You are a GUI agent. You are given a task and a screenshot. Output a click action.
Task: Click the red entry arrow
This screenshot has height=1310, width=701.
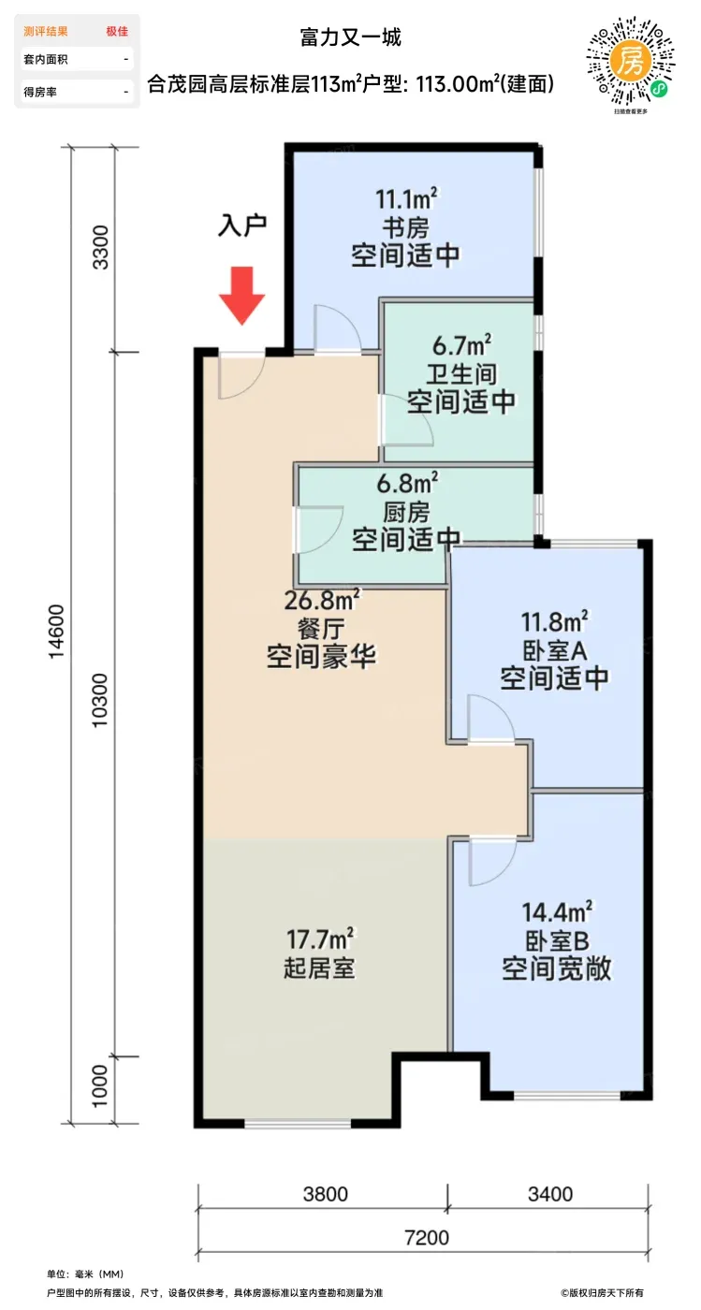(x=242, y=296)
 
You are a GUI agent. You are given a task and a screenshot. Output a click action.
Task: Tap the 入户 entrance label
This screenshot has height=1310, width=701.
(x=242, y=226)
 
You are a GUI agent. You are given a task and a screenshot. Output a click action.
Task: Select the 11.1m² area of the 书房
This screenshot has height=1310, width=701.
(x=406, y=198)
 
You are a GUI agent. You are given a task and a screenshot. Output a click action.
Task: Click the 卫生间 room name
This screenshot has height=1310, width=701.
(x=461, y=374)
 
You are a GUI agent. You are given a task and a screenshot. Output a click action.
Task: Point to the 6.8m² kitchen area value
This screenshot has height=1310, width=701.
(x=407, y=483)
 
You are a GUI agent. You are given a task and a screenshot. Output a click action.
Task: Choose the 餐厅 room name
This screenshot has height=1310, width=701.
(x=321, y=629)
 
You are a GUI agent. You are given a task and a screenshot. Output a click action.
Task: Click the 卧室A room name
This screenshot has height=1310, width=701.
(x=554, y=650)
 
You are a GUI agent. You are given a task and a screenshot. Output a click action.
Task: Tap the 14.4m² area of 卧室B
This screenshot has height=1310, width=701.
(x=557, y=912)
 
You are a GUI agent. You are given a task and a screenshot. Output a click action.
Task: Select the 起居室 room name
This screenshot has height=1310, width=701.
(x=319, y=968)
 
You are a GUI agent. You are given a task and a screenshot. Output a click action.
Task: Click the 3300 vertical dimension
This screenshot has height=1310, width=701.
(x=101, y=247)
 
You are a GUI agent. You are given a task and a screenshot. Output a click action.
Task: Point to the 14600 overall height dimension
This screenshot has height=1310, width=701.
(x=56, y=632)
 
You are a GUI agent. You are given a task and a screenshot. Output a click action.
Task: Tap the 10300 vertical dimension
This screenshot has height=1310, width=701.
(x=101, y=700)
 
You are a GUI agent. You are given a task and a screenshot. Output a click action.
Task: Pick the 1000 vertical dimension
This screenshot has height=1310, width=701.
(x=101, y=1086)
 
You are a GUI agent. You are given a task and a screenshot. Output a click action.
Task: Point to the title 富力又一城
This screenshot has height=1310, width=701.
(x=350, y=37)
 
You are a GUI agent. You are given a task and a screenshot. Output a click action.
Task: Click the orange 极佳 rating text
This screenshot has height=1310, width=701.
(x=117, y=32)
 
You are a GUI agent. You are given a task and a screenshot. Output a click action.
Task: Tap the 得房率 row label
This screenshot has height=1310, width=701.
(x=40, y=92)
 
